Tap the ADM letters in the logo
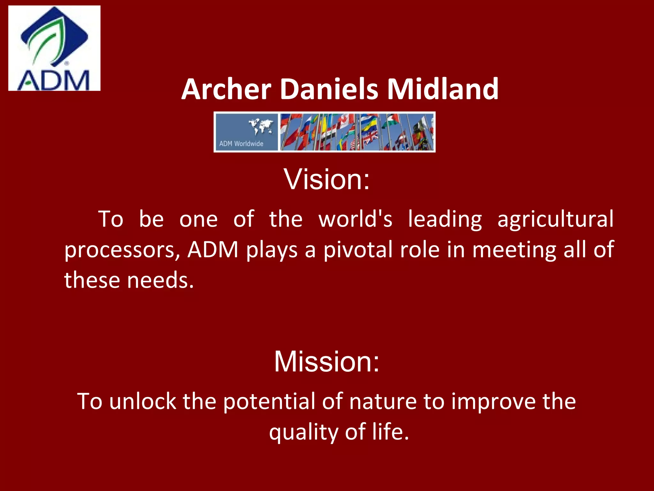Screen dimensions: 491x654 (54, 81)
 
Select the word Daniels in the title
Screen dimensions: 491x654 (329, 90)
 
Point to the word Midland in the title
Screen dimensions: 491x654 (443, 90)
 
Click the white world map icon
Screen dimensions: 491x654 (261, 126)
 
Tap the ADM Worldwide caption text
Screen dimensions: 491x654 (241, 144)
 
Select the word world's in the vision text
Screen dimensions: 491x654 (355, 219)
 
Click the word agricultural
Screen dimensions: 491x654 (555, 219)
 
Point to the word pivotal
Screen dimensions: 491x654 (358, 250)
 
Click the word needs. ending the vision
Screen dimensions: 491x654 (160, 280)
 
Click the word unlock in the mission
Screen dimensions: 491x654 (142, 401)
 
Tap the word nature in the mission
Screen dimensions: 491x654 (383, 401)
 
